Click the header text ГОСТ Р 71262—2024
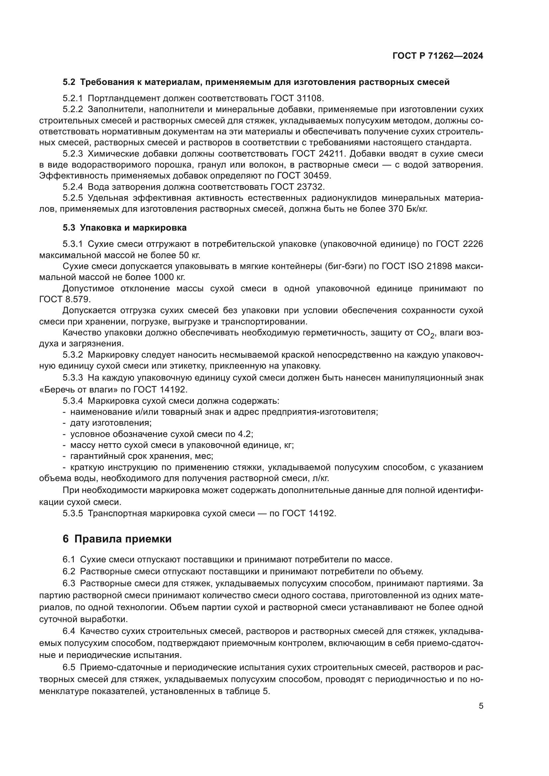(x=438, y=56)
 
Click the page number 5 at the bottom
(x=481, y=706)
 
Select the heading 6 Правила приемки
(x=117, y=539)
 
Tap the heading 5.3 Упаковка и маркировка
(x=124, y=228)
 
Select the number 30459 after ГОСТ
(x=317, y=176)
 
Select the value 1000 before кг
(x=164, y=277)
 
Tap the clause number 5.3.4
(x=73, y=401)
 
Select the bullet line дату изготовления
(x=111, y=423)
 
